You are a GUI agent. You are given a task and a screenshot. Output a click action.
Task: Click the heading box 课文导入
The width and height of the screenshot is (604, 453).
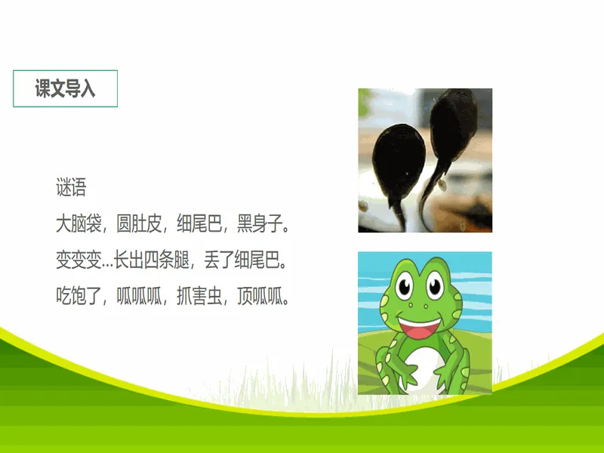[65, 88]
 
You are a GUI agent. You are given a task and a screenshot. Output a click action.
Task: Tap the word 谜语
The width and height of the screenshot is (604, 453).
[71, 187]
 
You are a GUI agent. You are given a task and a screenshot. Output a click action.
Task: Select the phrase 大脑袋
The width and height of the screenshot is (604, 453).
[79, 223]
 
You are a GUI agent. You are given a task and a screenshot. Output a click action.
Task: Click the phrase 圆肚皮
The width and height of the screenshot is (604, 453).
[139, 223]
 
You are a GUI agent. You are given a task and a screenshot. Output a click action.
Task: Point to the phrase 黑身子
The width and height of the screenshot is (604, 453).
[259, 223]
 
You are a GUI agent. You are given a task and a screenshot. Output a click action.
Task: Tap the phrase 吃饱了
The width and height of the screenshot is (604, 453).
[79, 296]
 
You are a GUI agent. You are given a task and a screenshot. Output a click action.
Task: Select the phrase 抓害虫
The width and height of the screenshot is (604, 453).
[199, 296]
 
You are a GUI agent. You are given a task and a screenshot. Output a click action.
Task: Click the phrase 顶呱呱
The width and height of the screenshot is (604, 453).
[259, 296]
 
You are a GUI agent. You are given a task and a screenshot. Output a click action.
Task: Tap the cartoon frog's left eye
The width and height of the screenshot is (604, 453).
[405, 286]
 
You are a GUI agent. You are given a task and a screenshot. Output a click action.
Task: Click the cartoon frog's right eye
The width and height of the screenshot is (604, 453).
[435, 285]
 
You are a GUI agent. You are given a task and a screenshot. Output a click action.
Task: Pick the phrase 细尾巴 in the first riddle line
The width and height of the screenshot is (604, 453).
[199, 223]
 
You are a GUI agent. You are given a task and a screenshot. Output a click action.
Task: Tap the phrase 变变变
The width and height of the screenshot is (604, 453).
[79, 260]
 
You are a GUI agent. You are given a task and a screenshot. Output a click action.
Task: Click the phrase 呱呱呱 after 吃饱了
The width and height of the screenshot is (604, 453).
[139, 296]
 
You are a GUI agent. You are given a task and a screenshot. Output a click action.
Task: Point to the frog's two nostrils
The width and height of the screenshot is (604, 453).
[418, 307]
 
